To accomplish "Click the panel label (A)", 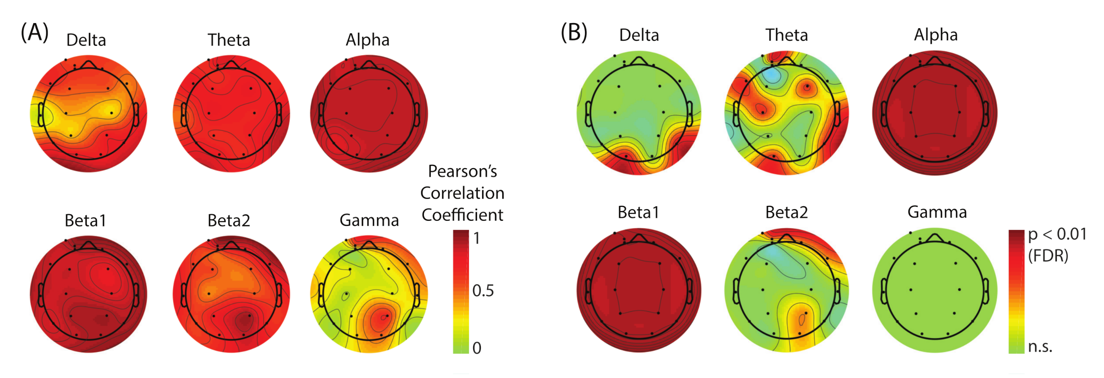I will [x=35, y=33].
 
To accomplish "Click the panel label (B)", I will [x=574, y=33].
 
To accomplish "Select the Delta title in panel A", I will [x=86, y=40].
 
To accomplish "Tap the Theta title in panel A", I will [x=229, y=40].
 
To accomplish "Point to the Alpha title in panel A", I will [x=368, y=40].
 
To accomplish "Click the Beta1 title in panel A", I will [x=85, y=221].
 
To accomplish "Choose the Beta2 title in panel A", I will [x=229, y=221].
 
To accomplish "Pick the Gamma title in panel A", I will [x=369, y=221].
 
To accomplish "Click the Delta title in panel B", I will [x=639, y=35].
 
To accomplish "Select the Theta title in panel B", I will [x=786, y=35].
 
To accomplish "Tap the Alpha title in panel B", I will [x=936, y=35].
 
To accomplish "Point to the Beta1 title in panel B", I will [x=638, y=213].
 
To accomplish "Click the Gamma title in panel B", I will [x=937, y=213].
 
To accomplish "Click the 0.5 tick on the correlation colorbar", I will [x=483, y=291].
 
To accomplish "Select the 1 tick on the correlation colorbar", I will [x=477, y=238].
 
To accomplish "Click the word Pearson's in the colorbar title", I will [x=462, y=172].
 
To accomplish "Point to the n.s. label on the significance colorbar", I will [x=1040, y=347].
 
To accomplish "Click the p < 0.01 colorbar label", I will [x=1057, y=235].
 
